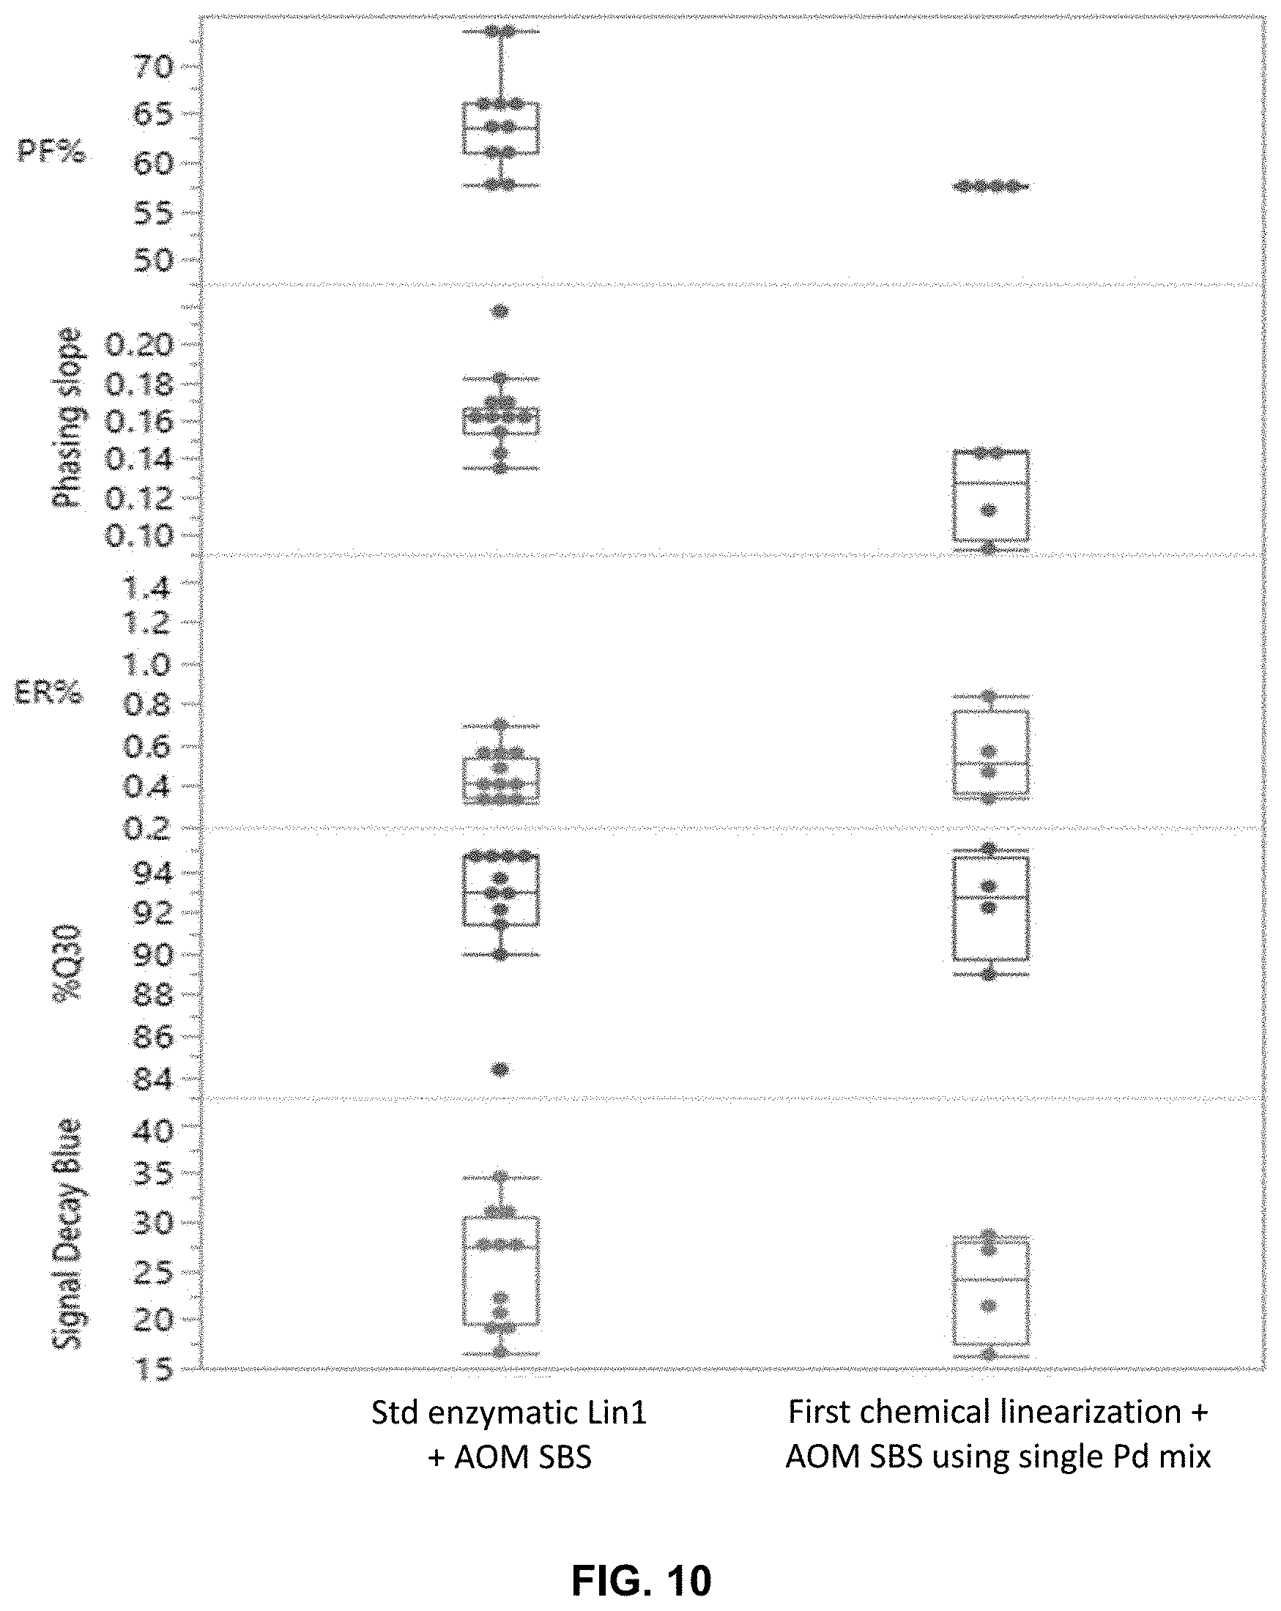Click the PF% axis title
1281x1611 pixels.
coord(51,152)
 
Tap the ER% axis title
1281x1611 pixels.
coord(49,694)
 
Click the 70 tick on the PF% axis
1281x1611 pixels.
coord(152,67)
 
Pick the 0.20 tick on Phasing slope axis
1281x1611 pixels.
coord(139,345)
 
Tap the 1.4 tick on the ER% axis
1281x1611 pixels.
coord(148,589)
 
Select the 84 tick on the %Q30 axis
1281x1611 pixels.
coord(152,1079)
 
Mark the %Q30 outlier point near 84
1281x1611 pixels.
coord(500,1070)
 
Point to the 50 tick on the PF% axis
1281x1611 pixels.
coord(152,261)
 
